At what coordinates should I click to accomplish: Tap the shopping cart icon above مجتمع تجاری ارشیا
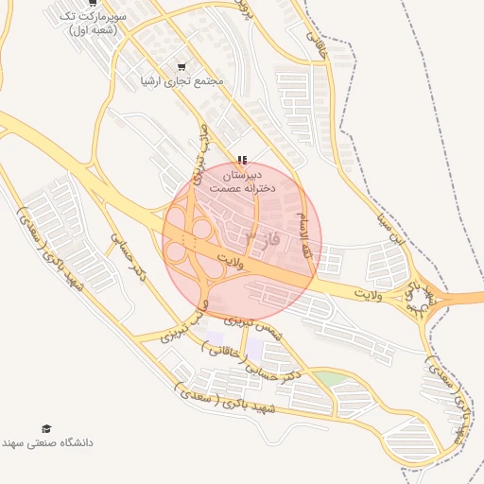pos(181,66)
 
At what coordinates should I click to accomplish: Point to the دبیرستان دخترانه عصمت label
pos(242,182)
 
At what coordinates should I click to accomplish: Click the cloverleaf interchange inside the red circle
pos(193,240)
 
